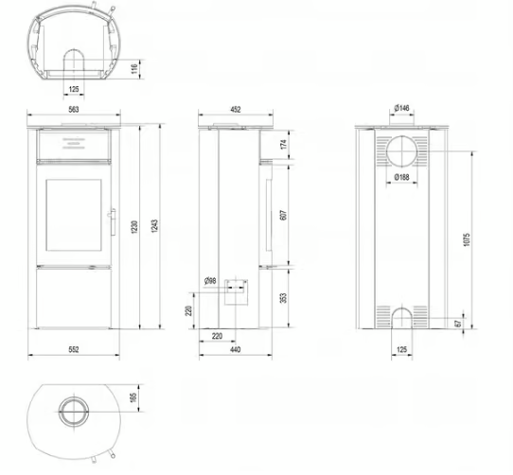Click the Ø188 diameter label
click(403, 177)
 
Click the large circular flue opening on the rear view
click(403, 151)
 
